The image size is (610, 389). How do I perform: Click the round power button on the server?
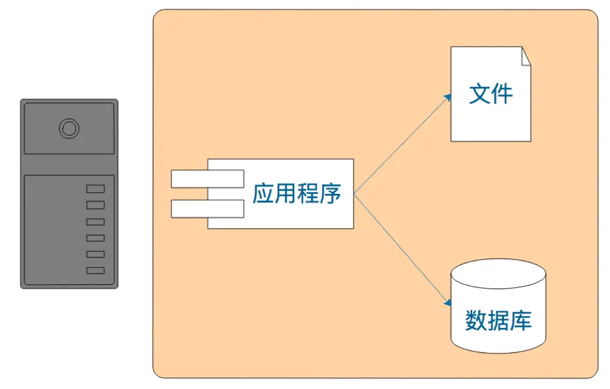coord(69,129)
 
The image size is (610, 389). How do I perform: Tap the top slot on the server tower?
coord(95,189)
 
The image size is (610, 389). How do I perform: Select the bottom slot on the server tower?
coord(95,271)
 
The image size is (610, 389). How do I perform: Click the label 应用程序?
coord(297,194)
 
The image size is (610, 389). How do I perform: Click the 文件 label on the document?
coord(491,95)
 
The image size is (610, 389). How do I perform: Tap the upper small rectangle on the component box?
coord(207,178)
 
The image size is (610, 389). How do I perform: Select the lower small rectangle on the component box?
coord(207,208)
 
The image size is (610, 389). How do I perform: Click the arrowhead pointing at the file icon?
coord(448,96)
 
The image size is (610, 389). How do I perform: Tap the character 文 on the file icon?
coord(480,95)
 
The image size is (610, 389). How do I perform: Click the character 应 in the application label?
coord(263,194)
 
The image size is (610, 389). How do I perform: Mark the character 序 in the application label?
coord(330,194)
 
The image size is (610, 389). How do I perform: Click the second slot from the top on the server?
coord(95,205)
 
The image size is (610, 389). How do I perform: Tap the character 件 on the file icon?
coord(502,95)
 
